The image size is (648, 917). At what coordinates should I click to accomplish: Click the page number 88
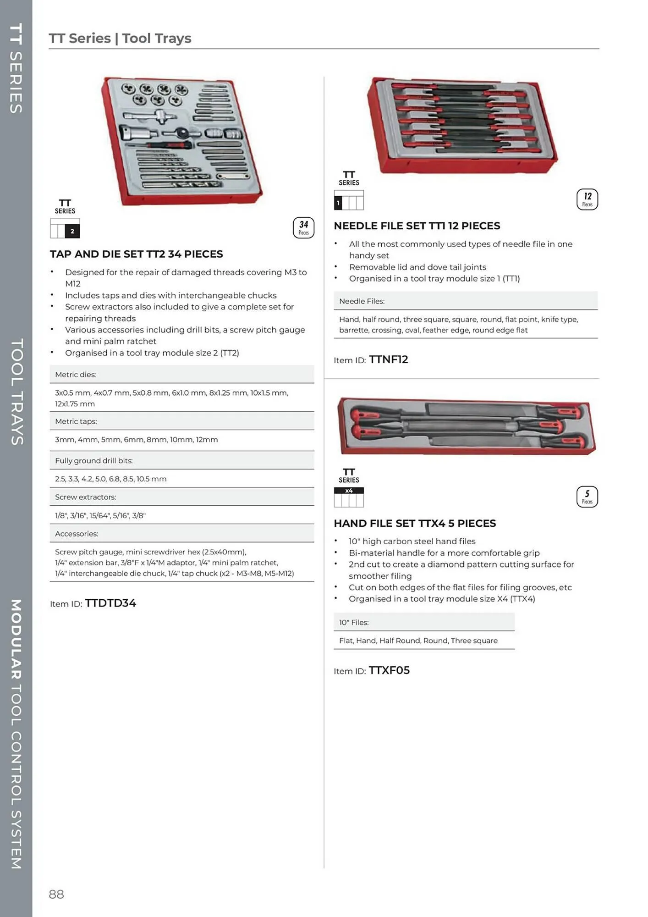[x=56, y=894]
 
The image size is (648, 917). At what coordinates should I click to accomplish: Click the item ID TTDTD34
[x=110, y=603]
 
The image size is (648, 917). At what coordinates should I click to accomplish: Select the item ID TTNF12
[x=388, y=359]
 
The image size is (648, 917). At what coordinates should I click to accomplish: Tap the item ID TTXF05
[x=389, y=670]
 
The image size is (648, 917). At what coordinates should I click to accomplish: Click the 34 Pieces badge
[x=303, y=227]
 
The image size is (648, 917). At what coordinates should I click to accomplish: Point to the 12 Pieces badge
[x=587, y=199]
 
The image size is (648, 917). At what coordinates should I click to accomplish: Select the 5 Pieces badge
[x=587, y=497]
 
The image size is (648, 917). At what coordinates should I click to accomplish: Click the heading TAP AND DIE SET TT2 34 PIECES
[x=137, y=254]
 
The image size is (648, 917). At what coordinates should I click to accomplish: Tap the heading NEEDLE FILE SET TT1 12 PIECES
[x=417, y=226]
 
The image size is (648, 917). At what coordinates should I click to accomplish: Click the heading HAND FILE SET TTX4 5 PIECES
[x=415, y=523]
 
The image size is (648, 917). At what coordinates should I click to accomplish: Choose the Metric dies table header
[x=76, y=375]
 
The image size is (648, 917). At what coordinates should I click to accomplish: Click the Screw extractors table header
[x=86, y=497]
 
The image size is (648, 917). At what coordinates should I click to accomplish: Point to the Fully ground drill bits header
[x=94, y=460]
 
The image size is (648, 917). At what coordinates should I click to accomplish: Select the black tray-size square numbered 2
[x=72, y=231]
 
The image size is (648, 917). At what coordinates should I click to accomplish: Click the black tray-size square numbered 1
[x=338, y=203]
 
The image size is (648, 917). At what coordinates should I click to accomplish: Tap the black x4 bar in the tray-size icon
[x=349, y=491]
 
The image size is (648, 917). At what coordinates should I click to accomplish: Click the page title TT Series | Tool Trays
[x=120, y=38]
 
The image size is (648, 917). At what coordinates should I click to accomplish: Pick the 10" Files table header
[x=354, y=622]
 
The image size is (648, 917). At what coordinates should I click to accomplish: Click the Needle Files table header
[x=362, y=301]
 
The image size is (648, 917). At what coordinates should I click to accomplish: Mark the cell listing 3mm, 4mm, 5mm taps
[x=137, y=439]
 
